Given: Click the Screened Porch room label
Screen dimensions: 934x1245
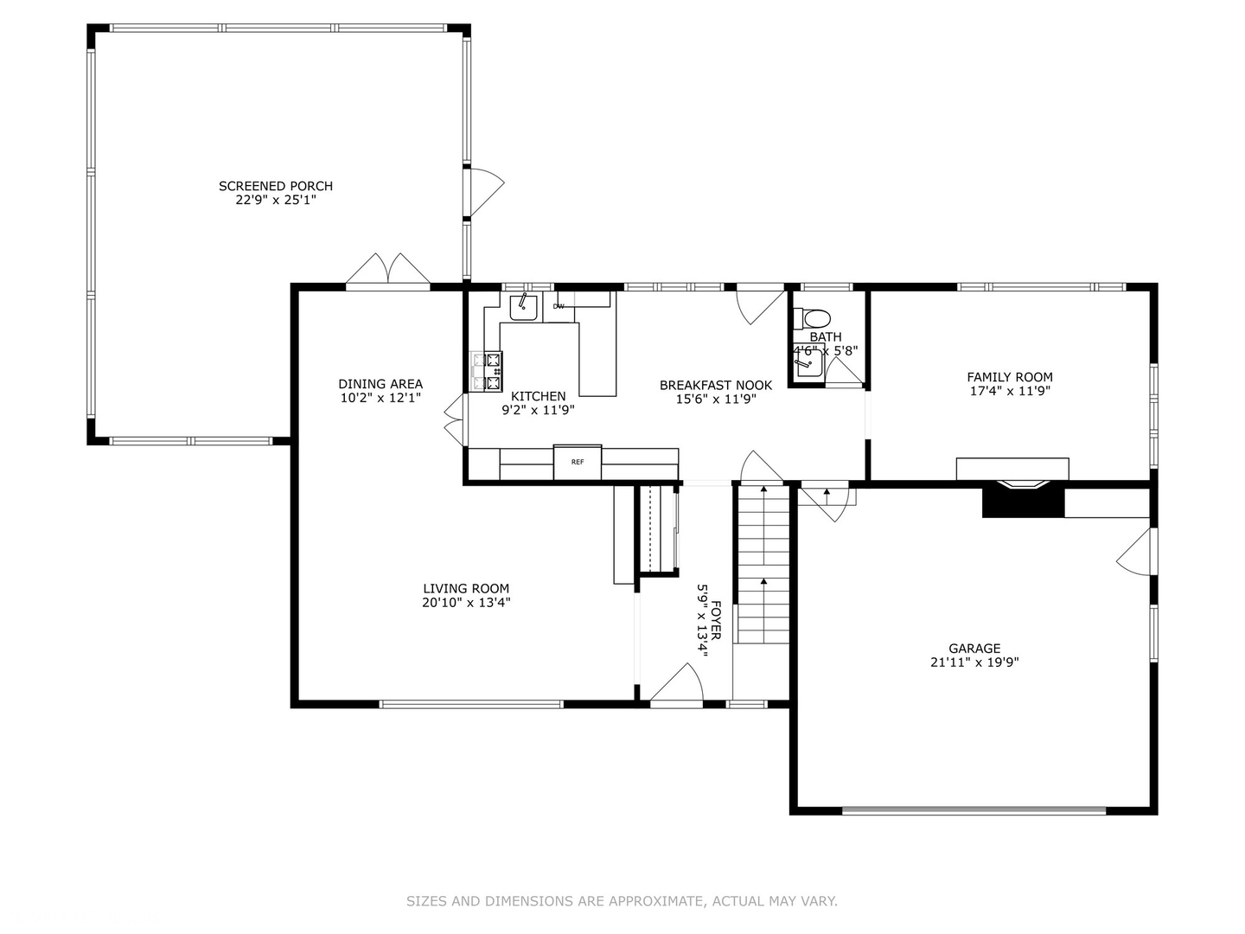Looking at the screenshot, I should [275, 186].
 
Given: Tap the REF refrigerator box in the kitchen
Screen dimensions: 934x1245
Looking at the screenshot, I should [577, 462].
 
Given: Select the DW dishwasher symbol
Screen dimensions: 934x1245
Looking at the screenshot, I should [559, 306].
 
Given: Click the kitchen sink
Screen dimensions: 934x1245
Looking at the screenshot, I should [523, 307].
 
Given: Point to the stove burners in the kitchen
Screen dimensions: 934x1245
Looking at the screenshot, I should [486, 370].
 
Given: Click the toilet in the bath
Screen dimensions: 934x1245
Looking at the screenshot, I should [813, 317].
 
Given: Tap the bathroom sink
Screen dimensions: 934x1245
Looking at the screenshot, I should [808, 364].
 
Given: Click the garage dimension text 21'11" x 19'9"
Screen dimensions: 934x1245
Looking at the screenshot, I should [974, 662].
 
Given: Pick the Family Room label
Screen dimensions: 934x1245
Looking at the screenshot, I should [1009, 377].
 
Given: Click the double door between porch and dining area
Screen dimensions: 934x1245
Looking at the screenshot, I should [388, 270].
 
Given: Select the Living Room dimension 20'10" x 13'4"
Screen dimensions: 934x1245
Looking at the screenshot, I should [466, 603].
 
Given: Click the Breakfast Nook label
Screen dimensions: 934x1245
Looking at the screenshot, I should [715, 386].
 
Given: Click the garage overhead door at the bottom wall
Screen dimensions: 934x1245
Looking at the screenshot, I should [974, 810].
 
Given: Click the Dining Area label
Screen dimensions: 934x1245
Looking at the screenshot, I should [380, 384].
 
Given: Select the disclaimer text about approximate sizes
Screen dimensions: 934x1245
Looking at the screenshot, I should [622, 901].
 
